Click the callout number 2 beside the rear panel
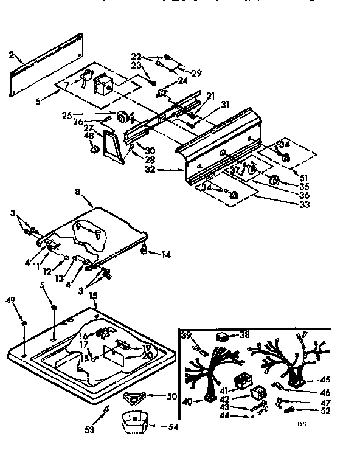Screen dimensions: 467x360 (12, 55)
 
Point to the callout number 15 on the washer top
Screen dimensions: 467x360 (93, 296)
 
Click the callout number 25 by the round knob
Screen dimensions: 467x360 (66, 115)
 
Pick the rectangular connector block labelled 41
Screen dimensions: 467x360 (244, 381)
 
